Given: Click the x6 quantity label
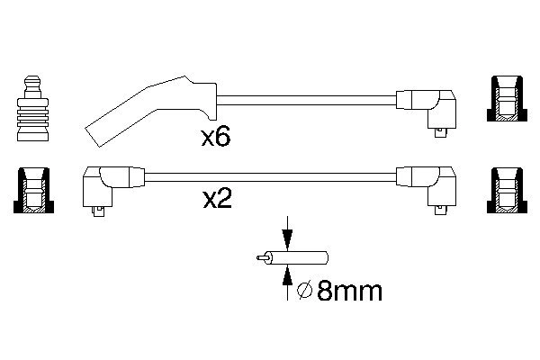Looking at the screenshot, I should tap(217, 138).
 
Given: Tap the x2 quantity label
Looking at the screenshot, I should tap(217, 199).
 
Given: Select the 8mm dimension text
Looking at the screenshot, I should tap(350, 291).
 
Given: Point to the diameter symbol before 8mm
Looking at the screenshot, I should tap(304, 291).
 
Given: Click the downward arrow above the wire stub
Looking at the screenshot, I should tap(287, 237).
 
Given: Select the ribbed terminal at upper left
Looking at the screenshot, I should tap(32, 113).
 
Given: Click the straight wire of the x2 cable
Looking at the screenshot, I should tap(270, 175).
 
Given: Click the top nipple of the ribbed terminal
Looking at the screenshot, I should tap(32, 83).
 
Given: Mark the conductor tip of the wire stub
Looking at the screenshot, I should tap(261, 258).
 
